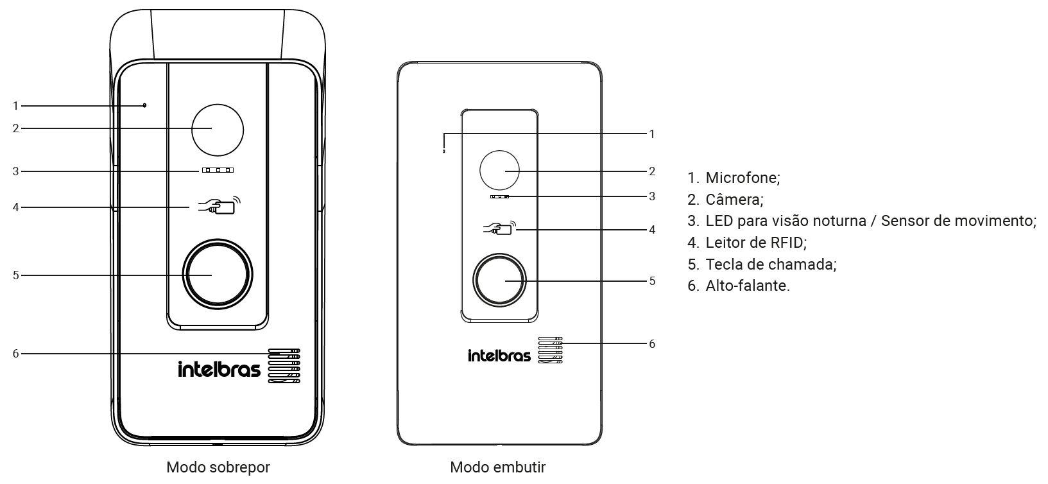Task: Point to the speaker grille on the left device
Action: (x=284, y=366)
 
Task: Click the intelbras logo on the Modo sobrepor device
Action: (x=219, y=368)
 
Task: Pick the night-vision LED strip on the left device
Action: (x=218, y=170)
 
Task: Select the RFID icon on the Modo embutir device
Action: (x=499, y=228)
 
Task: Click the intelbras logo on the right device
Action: (x=499, y=355)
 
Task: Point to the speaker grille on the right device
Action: (x=550, y=350)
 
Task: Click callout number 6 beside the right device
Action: (x=652, y=344)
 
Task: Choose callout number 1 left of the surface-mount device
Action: (x=15, y=107)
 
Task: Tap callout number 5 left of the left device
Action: (x=16, y=275)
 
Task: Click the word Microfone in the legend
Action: (x=743, y=178)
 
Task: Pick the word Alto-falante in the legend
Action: (x=748, y=286)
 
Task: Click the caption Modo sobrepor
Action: (x=218, y=467)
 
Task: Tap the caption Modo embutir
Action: (x=498, y=467)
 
